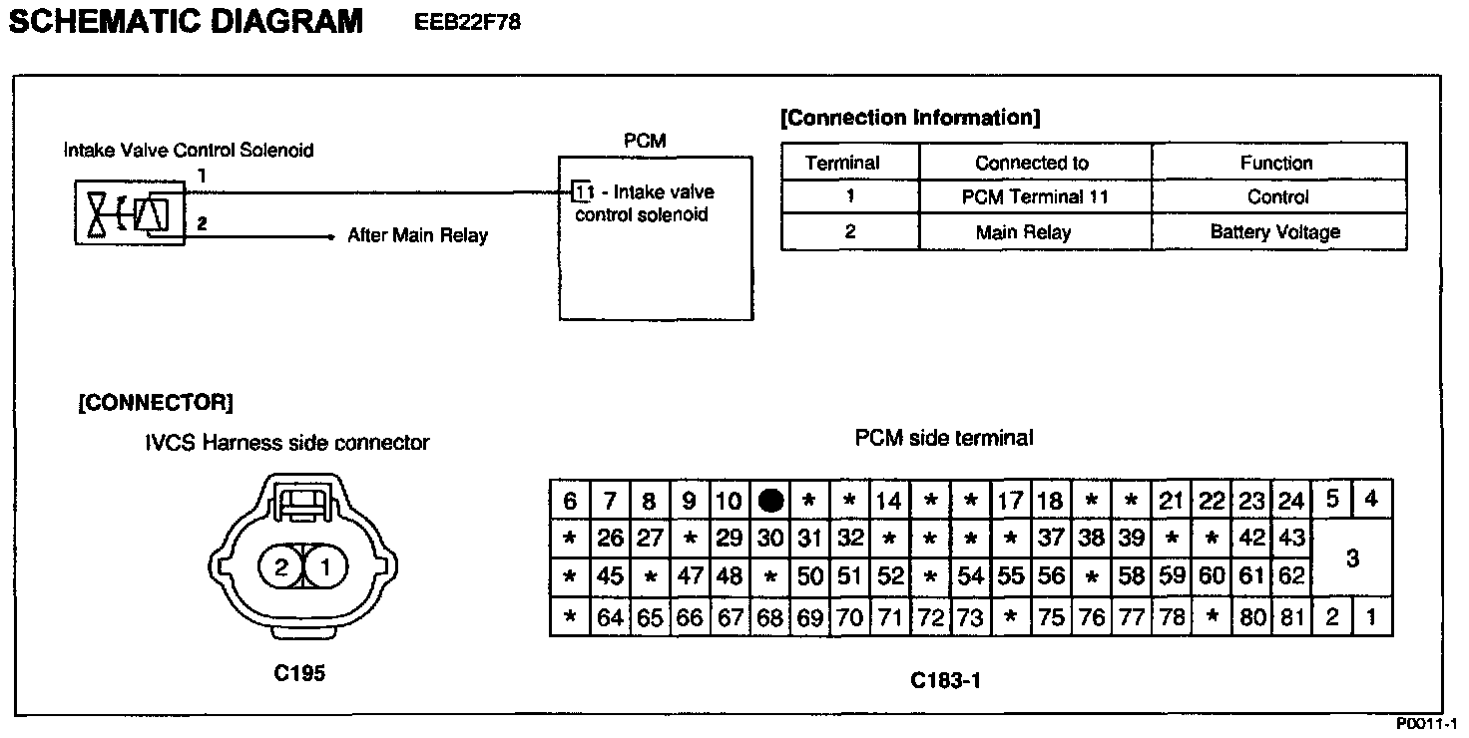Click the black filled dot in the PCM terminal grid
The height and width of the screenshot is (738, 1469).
tap(770, 501)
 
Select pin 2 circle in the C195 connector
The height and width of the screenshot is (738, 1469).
tap(280, 568)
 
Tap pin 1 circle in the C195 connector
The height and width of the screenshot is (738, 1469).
tap(322, 568)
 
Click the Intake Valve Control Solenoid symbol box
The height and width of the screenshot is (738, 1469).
tap(130, 213)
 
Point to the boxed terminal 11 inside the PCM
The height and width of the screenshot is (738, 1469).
tap(584, 191)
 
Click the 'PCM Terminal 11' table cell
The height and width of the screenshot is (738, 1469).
tap(1034, 196)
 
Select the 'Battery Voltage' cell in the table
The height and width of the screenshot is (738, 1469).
tap(1276, 232)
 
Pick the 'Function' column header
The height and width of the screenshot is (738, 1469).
tap(1276, 163)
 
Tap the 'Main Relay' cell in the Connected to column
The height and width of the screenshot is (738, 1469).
tap(1024, 232)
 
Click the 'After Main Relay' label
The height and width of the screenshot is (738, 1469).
tap(417, 236)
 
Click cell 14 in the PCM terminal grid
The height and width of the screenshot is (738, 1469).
tap(888, 501)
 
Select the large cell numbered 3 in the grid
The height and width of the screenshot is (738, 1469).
tap(1352, 558)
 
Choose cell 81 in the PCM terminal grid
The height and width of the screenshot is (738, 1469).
tap(1292, 618)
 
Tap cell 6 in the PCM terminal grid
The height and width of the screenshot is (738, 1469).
tap(570, 501)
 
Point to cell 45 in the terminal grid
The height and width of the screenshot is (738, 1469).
tap(610, 577)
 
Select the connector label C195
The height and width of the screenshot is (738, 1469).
tap(299, 673)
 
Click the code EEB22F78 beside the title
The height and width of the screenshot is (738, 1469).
tap(467, 22)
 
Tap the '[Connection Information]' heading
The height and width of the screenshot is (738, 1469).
tap(910, 118)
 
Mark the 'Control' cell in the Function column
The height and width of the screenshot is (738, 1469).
tap(1277, 196)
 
